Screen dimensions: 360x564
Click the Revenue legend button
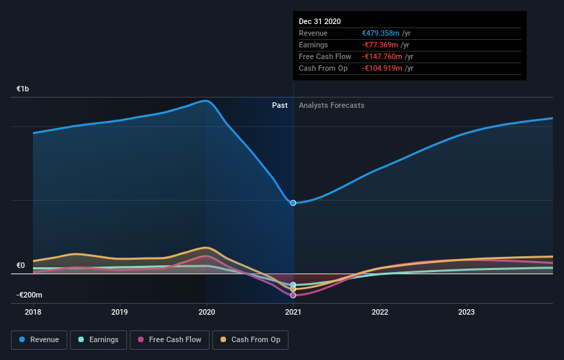click(x=39, y=339)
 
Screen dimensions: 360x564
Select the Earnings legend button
click(x=98, y=339)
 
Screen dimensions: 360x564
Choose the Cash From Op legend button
click(x=251, y=339)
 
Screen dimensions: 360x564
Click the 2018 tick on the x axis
click(x=33, y=312)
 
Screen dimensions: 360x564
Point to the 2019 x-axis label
click(x=120, y=312)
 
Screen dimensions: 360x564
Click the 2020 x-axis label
click(x=206, y=312)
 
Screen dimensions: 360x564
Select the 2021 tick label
click(x=293, y=312)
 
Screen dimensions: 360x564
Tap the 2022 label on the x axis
click(x=380, y=312)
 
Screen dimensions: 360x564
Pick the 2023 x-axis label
click(x=466, y=312)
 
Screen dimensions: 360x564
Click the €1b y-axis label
click(x=23, y=89)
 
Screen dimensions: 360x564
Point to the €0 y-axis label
click(x=21, y=265)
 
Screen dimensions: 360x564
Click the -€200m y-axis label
click(x=30, y=295)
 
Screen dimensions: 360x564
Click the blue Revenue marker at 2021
click(x=293, y=203)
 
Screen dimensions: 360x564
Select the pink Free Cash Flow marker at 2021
click(x=293, y=295)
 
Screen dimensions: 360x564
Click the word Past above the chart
click(x=280, y=105)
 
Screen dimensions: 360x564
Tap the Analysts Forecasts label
click(x=332, y=105)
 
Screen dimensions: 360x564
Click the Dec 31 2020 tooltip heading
click(x=319, y=22)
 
